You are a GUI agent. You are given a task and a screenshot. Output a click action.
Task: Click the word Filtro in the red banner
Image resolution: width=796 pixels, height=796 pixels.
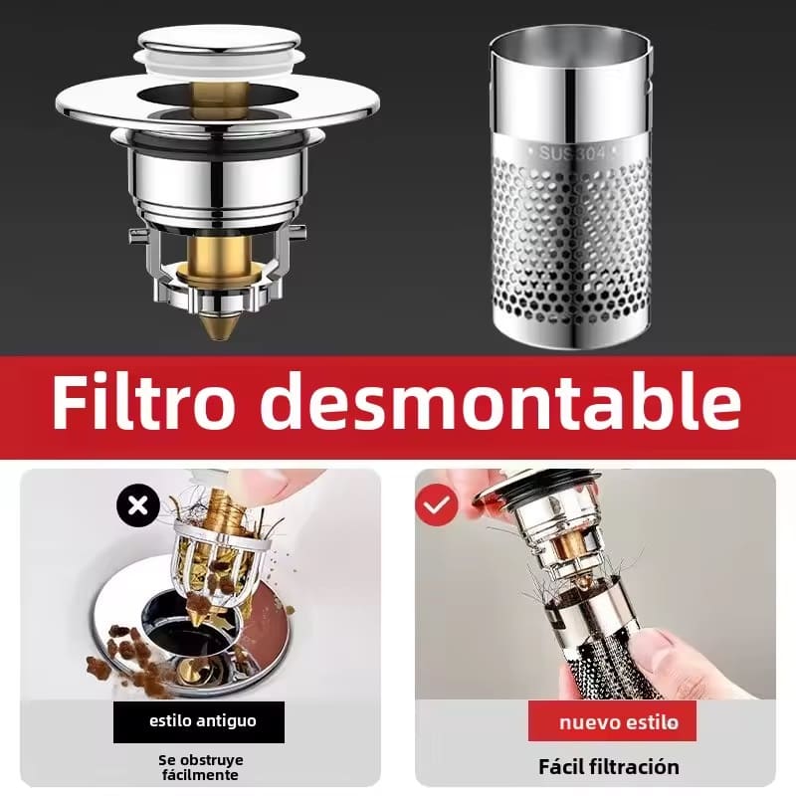143,401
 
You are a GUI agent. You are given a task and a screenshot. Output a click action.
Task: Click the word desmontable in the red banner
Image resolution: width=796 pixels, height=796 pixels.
501,401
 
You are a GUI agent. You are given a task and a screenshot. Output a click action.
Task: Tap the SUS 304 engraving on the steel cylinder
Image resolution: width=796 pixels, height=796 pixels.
572,153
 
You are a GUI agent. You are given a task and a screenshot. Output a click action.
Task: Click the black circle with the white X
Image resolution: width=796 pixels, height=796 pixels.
138,505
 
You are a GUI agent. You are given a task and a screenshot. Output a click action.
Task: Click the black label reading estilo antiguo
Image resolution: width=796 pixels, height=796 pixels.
199,721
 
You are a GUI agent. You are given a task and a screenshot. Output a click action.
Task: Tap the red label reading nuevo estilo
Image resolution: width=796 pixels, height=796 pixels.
612,721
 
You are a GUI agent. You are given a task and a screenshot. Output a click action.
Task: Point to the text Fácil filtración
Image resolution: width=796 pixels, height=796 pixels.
609,766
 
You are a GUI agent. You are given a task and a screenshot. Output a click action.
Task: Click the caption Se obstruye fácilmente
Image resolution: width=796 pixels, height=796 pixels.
200,767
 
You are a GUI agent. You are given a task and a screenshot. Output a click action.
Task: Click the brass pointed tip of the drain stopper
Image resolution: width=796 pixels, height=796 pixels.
218,326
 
